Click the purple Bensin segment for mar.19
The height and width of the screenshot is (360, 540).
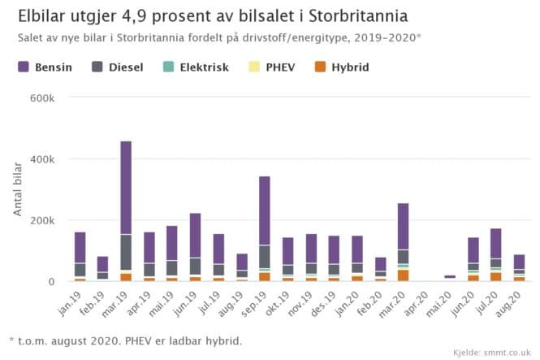126,188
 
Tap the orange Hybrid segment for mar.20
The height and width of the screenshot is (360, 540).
404,275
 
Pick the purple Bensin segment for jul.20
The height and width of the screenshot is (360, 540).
496,243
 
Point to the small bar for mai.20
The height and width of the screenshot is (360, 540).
450,276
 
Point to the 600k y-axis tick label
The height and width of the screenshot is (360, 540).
41,98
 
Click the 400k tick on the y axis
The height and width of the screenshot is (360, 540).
41,158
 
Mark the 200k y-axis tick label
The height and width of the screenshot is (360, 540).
41,220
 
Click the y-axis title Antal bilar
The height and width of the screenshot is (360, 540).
18,189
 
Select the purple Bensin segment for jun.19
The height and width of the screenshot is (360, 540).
195,236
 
